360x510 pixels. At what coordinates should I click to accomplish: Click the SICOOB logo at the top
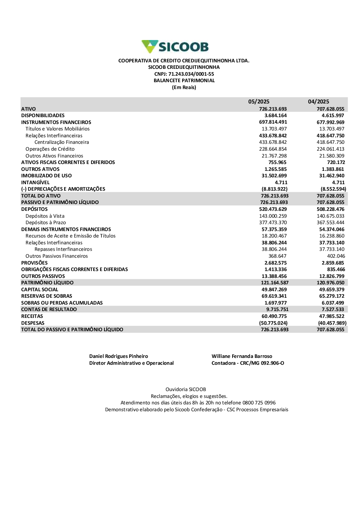[175, 47]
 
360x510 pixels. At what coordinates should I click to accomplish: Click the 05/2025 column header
[259, 102]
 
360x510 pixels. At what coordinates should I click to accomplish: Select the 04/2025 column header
[319, 102]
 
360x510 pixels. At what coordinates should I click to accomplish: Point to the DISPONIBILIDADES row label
[43, 116]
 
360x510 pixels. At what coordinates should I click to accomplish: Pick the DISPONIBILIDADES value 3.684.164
[275, 116]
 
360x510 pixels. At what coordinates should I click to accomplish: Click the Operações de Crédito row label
[50, 149]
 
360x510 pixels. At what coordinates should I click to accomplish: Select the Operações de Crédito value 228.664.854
[273, 149]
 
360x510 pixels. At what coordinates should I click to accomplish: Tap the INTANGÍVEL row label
[35, 183]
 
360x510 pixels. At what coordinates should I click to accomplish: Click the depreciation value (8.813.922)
[274, 189]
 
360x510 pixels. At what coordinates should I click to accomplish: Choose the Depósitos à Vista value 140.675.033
[330, 216]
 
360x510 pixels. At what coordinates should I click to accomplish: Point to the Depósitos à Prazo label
[46, 223]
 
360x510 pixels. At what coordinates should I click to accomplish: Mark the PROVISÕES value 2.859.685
[333, 263]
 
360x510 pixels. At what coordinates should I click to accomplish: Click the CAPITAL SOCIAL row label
[40, 290]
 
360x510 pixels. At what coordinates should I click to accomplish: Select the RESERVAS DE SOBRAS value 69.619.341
[274, 296]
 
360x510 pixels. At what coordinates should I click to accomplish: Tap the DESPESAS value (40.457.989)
[332, 323]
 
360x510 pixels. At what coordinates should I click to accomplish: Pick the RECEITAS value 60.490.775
[274, 316]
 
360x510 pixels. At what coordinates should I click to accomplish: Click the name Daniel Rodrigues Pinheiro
[118, 356]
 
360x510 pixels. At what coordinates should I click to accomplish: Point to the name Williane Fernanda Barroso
[242, 356]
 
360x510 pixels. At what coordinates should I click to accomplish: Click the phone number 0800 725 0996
[259, 403]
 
